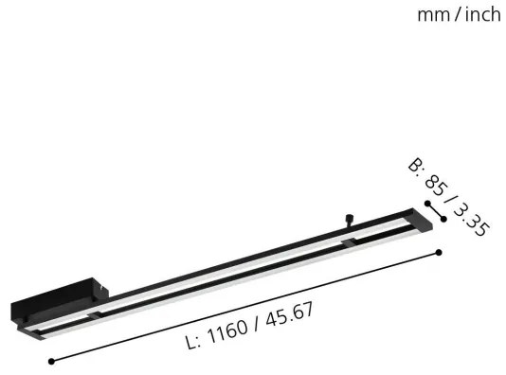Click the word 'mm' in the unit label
(x=432, y=14)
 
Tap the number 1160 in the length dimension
(x=225, y=329)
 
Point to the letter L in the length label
(x=192, y=339)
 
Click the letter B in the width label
(x=414, y=167)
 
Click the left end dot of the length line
(x=50, y=360)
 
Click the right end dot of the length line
(x=440, y=251)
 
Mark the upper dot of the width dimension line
(x=428, y=204)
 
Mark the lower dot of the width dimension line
(x=443, y=220)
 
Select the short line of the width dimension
(x=436, y=211)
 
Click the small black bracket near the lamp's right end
(x=351, y=244)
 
